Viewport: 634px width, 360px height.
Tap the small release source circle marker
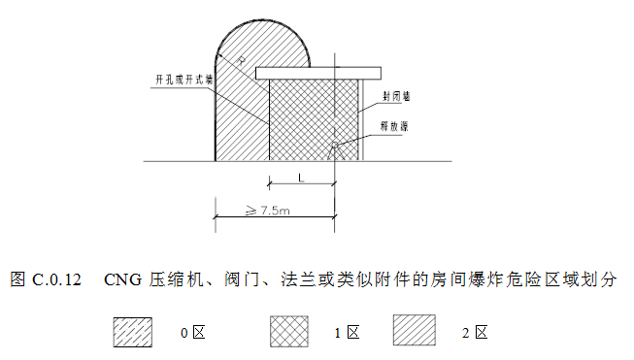333,147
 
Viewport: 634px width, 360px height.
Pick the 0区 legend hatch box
134,331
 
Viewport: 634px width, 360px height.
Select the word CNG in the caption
122,281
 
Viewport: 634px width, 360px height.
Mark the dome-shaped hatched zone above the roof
262,44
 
